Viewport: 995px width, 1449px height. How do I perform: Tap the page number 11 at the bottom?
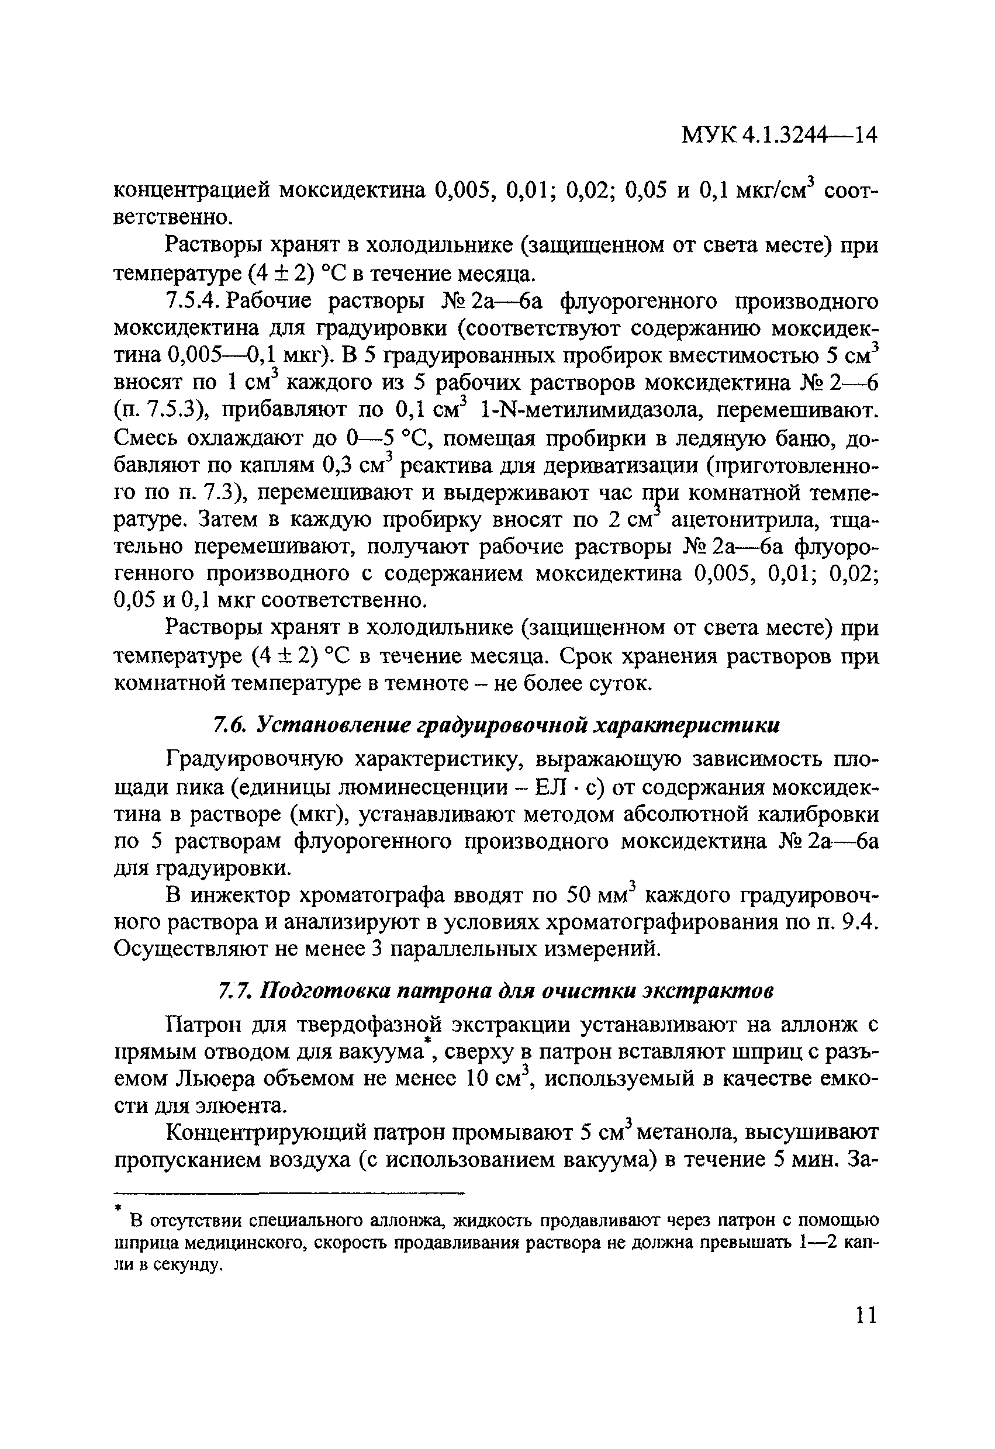point(865,1315)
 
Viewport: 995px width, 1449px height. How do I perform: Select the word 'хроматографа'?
point(372,896)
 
